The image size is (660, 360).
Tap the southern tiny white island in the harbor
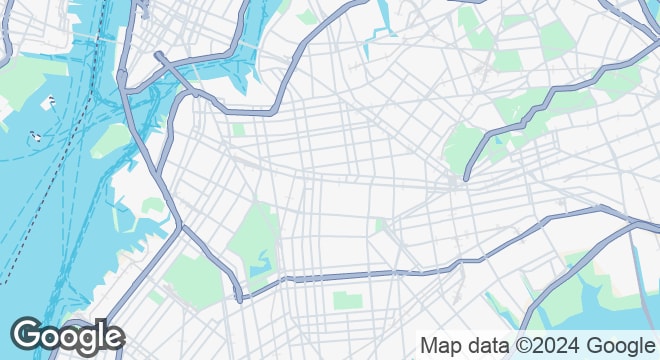35,136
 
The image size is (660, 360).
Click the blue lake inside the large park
260,265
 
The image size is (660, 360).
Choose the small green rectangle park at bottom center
345,300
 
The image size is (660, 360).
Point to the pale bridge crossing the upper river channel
101,37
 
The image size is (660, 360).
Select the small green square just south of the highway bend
239,130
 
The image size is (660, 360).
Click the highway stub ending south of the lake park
239,299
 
